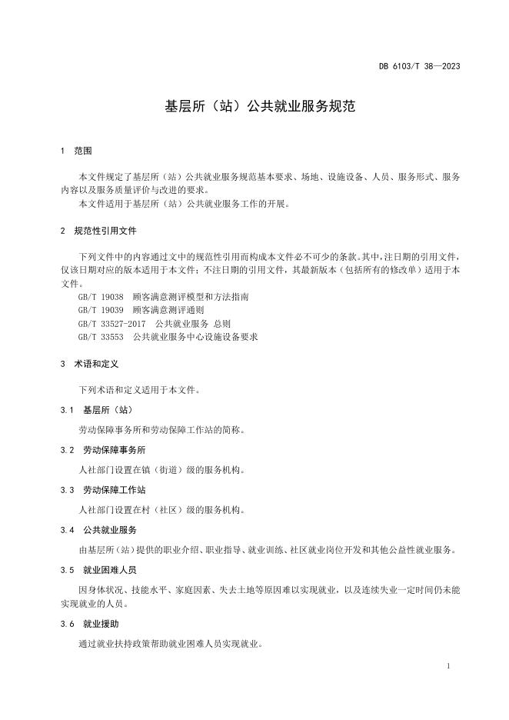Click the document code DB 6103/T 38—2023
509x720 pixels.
419,66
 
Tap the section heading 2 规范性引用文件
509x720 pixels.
98,231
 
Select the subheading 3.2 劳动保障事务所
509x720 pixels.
102,450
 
